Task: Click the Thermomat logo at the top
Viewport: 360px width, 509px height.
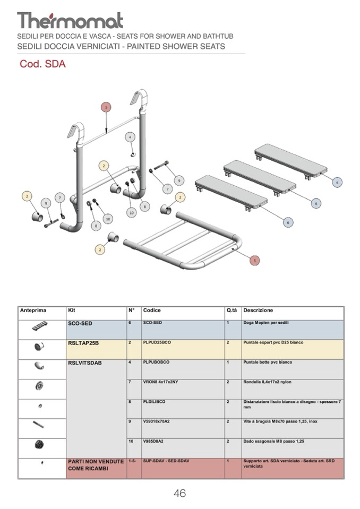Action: [70, 20]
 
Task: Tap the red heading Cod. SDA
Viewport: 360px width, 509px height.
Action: [42, 64]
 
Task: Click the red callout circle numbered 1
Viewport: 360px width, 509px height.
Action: [106, 107]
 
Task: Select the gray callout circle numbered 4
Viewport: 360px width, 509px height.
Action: [131, 137]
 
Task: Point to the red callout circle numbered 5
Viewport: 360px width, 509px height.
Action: [255, 261]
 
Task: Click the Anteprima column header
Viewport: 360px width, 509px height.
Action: [33, 310]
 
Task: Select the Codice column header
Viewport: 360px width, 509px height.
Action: [152, 310]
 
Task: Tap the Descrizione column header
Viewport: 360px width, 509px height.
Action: [258, 310]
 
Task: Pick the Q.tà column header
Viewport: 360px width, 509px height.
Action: [232, 310]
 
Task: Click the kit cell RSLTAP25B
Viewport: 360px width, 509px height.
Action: [83, 343]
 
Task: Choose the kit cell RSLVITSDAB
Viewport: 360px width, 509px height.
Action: [85, 363]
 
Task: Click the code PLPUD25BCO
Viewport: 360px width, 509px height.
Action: [157, 343]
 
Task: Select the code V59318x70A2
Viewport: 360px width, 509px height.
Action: [158, 422]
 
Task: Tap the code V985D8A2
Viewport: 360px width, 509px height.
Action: [154, 442]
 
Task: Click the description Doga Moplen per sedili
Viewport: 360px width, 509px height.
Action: [265, 323]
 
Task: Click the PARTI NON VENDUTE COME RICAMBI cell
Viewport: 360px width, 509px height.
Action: [96, 465]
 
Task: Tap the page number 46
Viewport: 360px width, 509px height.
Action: [179, 494]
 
